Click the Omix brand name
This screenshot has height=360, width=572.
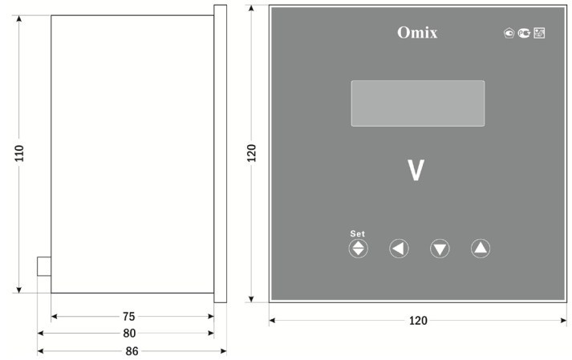coord(417,32)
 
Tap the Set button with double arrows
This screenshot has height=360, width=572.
coord(359,249)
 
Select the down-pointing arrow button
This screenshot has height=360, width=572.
coord(440,249)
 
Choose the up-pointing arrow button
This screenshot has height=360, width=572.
coord(481,249)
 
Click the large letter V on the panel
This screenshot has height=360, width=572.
coord(416,170)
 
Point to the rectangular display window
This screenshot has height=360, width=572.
coord(418,103)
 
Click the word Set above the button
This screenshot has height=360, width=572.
coord(357,233)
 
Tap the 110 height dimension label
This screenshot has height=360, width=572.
coord(19,153)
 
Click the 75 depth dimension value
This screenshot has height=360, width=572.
coord(129,316)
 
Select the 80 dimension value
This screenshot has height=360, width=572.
coord(129,333)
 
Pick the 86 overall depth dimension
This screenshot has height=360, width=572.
coord(132,351)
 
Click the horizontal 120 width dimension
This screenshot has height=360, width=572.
coord(418,321)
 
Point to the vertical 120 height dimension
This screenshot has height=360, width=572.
coord(251,153)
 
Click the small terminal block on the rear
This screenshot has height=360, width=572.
coord(44,266)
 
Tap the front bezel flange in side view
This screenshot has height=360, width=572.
coord(220,154)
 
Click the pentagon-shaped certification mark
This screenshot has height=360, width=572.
coord(509,33)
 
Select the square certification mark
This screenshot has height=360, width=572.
coord(539,33)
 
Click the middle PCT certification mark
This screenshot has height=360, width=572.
coord(524,33)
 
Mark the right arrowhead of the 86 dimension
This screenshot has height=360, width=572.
coord(224,351)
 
